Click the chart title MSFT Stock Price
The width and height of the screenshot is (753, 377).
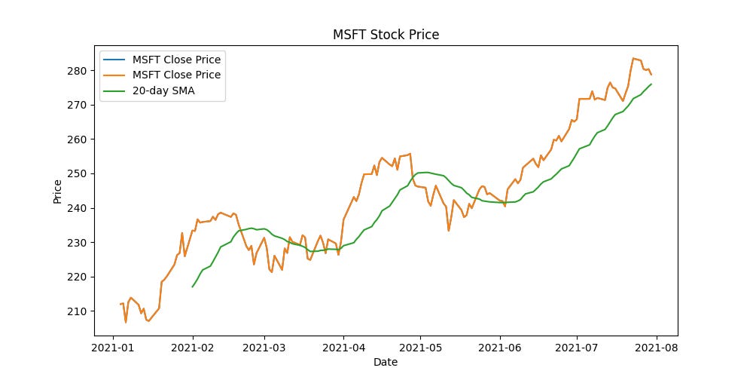pyautogui.click(x=386, y=35)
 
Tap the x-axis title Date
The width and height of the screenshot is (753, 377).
pyautogui.click(x=386, y=362)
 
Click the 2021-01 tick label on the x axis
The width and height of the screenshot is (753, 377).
pyautogui.click(x=113, y=348)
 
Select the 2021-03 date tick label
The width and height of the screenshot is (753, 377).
pyautogui.click(x=264, y=348)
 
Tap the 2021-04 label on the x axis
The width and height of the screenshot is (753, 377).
pyautogui.click(x=343, y=348)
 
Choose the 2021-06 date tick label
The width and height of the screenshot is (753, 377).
pyautogui.click(x=499, y=348)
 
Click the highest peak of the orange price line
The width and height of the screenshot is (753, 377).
pyautogui.click(x=633, y=58)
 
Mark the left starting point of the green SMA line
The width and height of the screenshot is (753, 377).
pyautogui.click(x=192, y=287)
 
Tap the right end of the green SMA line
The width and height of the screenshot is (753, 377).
pyautogui.click(x=651, y=84)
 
